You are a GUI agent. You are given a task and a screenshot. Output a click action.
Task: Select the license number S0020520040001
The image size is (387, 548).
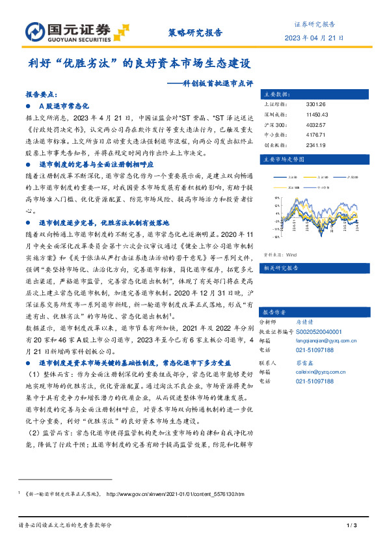tap(314, 331)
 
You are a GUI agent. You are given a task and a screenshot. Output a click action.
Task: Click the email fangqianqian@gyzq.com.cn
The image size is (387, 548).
tap(323, 340)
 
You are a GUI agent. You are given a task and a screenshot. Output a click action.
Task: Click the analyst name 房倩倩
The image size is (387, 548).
tap(296, 322)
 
